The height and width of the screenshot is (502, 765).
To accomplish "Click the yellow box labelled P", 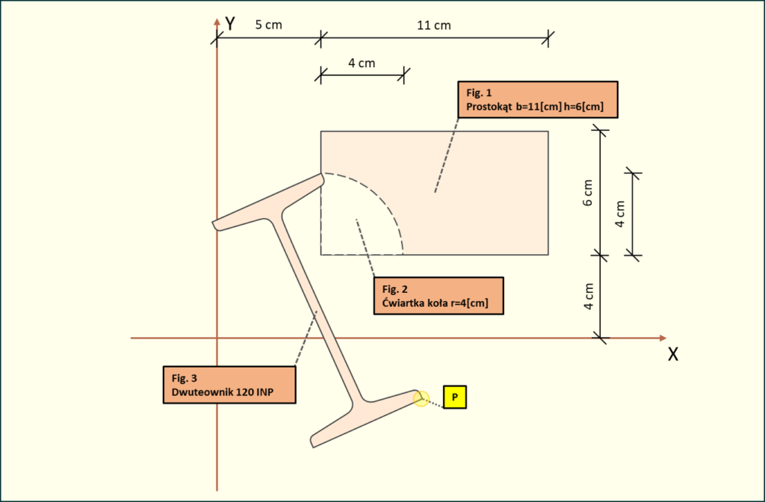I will pos(454,397).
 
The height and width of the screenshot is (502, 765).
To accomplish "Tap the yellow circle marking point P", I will pos(421,400).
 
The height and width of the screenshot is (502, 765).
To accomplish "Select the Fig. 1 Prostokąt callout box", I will pos(536,100).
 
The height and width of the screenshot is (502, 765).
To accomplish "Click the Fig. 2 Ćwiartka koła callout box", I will pos(438,297).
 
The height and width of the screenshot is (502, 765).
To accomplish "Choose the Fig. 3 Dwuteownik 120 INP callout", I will pos(229,385).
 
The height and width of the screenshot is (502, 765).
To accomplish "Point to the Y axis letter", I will pos(231,24).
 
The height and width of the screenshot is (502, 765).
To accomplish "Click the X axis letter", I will pos(672,355).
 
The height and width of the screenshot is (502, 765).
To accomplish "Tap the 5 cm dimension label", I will pos(268,25).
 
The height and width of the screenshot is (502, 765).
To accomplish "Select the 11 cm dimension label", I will pos(433,25).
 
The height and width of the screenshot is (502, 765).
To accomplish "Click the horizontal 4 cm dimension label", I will pos(362,63).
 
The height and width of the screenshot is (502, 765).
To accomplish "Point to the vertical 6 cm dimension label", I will pos(588,193).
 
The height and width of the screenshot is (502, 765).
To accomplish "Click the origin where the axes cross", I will pos(217,338).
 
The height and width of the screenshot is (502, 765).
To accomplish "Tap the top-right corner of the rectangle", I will pos(548,131).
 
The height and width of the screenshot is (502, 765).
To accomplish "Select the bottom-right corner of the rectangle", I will pos(548,255).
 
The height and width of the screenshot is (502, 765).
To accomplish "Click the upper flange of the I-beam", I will pos(269,202).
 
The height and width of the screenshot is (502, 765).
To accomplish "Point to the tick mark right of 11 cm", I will pos(549,37).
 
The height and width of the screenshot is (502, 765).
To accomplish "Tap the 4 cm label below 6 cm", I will pos(588,297).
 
